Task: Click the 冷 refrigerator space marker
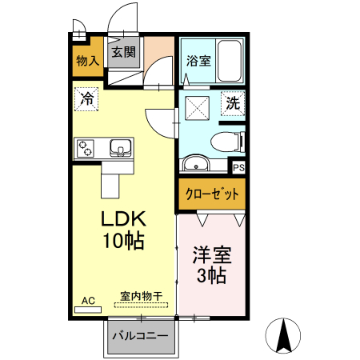point(87,100)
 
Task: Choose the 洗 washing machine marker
point(232,103)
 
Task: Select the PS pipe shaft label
point(238,167)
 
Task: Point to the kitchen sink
point(121,148)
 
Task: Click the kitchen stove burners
point(86,148)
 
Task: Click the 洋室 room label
point(212,257)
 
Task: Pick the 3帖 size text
point(212,277)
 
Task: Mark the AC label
point(88,301)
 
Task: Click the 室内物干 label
point(141,296)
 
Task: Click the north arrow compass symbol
point(284,335)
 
